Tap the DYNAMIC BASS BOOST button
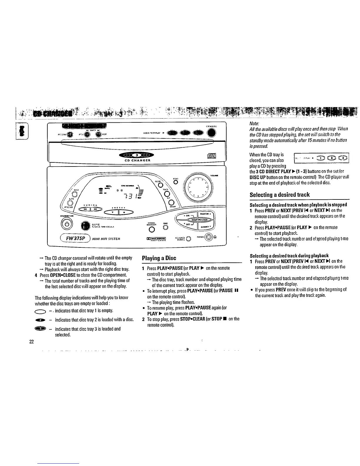[151, 228]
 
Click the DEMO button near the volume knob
[176, 182]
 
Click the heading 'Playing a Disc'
[159, 258]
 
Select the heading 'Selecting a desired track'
[279, 195]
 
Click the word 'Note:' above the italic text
[254, 124]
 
